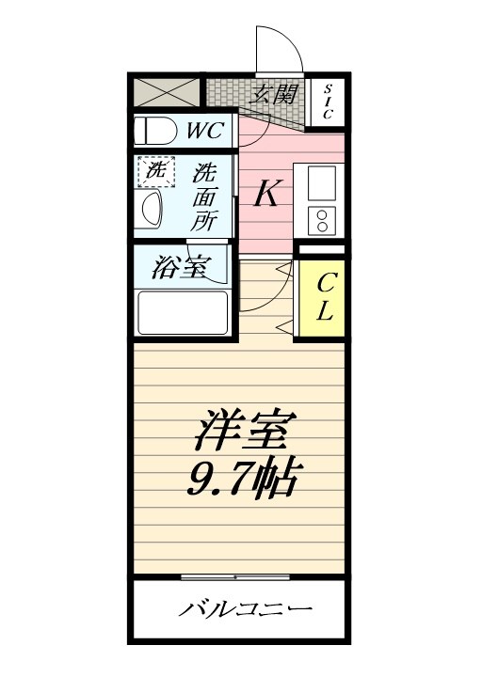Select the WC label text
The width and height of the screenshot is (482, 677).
(x=203, y=130)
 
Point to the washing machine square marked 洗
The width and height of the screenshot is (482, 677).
(x=156, y=171)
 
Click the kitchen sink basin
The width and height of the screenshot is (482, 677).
(x=321, y=180)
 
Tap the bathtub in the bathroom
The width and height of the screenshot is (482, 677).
(x=183, y=313)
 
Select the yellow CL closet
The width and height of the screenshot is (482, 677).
(x=322, y=297)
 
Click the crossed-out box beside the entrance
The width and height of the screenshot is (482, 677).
(x=167, y=92)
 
